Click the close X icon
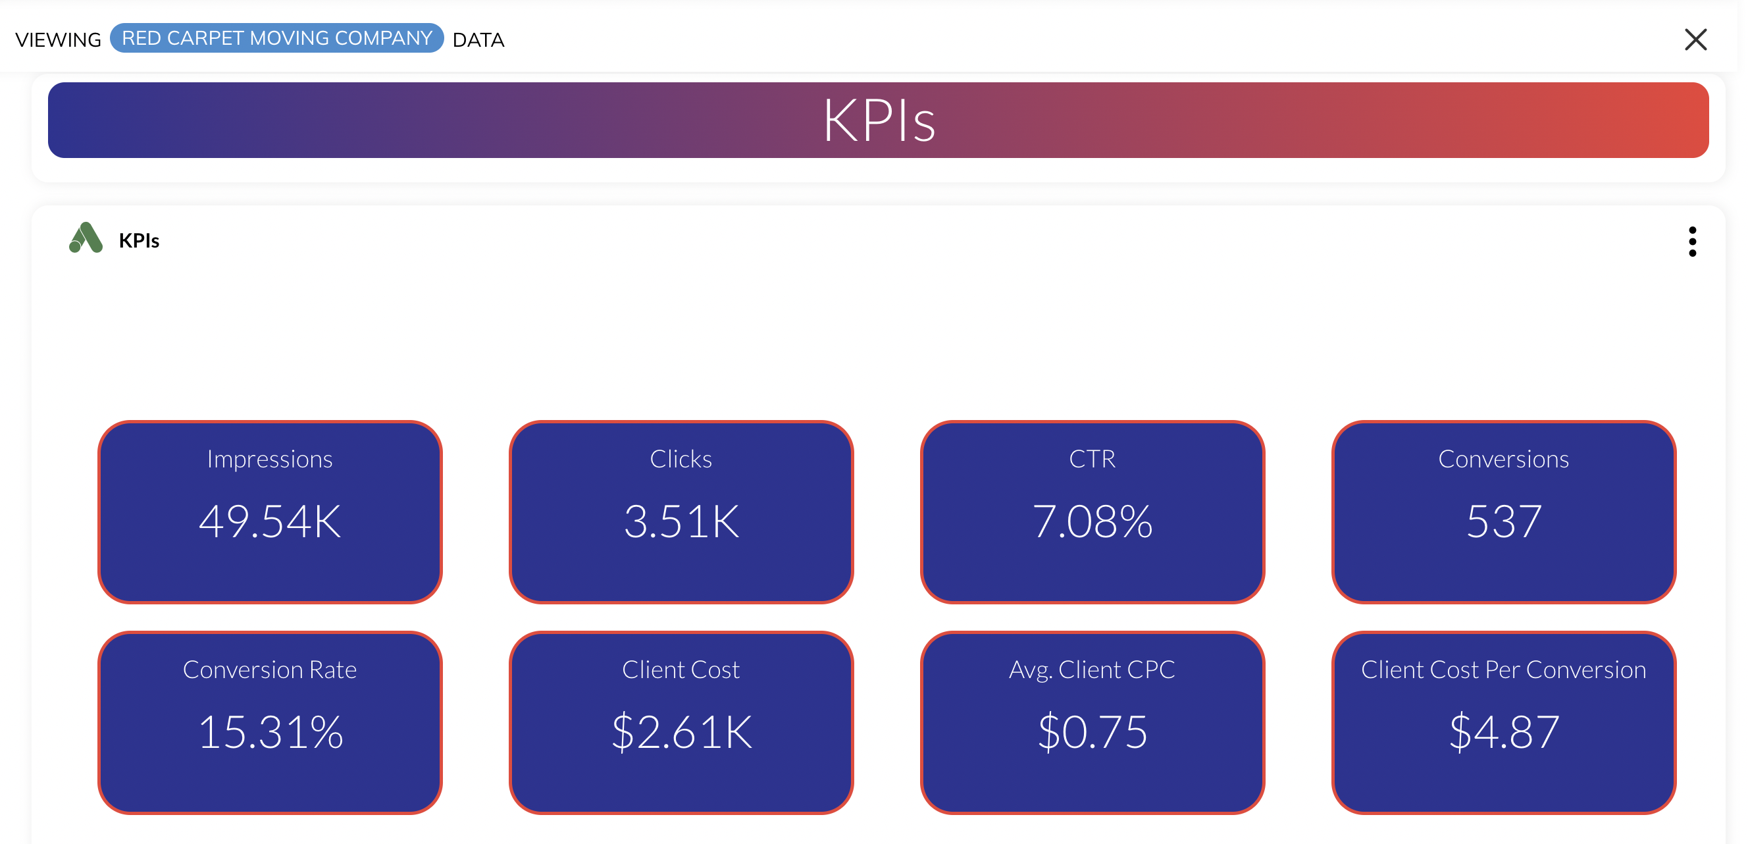click(x=1695, y=40)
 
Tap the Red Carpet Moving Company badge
click(x=277, y=38)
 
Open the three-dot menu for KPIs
click(x=1692, y=242)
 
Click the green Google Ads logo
click(x=86, y=238)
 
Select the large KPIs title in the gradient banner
click(x=879, y=121)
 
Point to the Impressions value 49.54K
click(x=270, y=521)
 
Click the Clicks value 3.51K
click(x=681, y=521)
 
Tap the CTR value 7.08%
click(x=1092, y=521)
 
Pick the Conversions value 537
click(x=1504, y=521)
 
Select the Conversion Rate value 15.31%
click(x=270, y=732)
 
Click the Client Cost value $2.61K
click(x=681, y=732)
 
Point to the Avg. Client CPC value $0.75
click(x=1092, y=732)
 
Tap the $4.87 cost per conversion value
click(x=1504, y=732)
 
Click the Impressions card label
click(x=270, y=460)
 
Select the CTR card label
click(x=1092, y=459)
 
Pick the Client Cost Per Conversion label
click(x=1504, y=670)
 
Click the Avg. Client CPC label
click(x=1092, y=670)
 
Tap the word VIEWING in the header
click(x=59, y=40)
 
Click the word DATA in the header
click(x=478, y=40)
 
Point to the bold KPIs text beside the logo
click(x=139, y=240)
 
